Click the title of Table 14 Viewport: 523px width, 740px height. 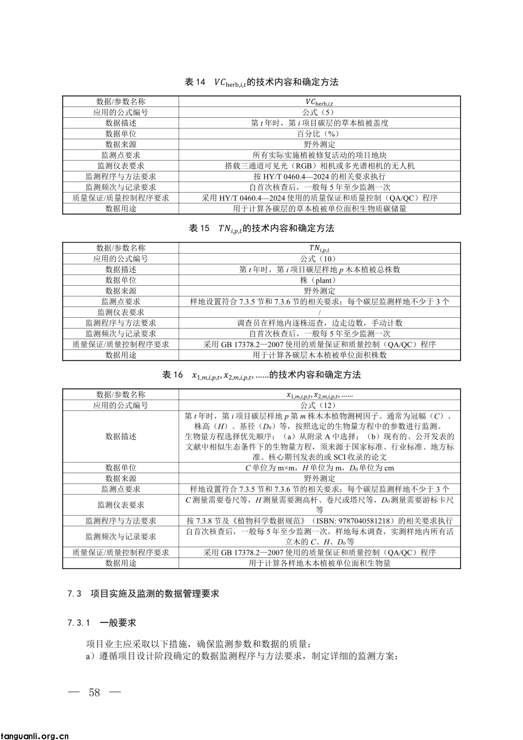[x=261, y=82]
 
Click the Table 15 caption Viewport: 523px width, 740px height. [x=261, y=229]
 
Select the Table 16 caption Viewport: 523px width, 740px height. [x=261, y=375]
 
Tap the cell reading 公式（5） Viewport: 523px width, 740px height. [x=320, y=112]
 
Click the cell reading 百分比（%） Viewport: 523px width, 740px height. [x=320, y=134]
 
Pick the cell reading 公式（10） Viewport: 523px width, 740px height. [x=320, y=259]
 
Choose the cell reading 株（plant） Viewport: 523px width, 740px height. [x=320, y=280]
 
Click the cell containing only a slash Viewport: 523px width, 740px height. [x=320, y=312]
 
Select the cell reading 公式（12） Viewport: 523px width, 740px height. [x=320, y=405]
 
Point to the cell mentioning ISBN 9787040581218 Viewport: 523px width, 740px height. [x=320, y=521]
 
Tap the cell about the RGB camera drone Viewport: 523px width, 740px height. [x=320, y=166]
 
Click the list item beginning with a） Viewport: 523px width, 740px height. [x=242, y=657]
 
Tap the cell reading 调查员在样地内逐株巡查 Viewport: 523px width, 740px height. [x=320, y=323]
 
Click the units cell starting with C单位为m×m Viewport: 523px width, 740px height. [x=320, y=468]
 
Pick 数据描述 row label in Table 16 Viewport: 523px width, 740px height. [x=121, y=436]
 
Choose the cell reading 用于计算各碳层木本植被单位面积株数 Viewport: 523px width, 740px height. [x=320, y=355]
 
